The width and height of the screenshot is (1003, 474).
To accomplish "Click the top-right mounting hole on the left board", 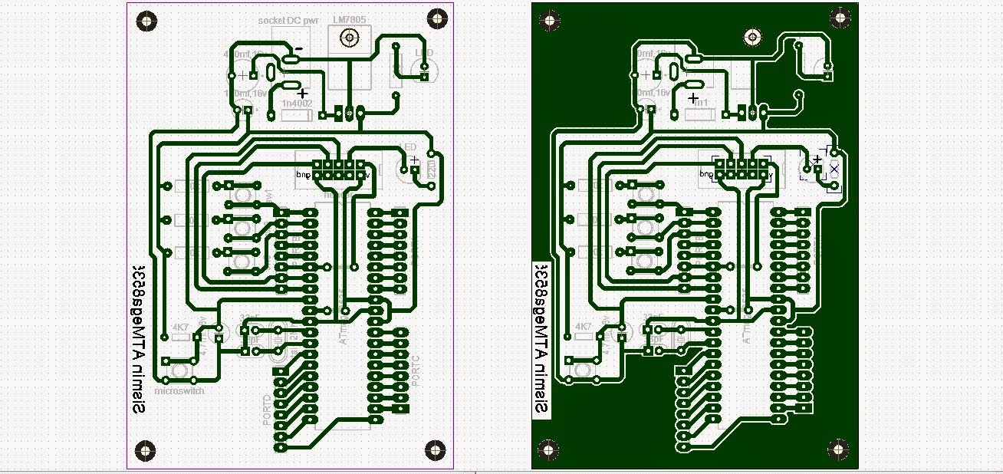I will point(436,17).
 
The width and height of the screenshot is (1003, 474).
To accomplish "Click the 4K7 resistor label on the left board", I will point(181,327).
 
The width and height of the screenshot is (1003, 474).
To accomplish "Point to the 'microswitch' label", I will point(178,390).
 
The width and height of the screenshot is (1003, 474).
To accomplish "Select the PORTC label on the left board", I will point(416,370).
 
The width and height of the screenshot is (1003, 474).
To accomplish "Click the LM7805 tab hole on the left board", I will point(350,37).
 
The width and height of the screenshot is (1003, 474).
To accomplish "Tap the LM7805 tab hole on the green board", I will point(754,37).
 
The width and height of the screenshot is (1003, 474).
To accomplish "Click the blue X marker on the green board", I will point(834,168).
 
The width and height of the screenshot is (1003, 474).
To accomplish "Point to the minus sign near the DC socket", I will point(299,48).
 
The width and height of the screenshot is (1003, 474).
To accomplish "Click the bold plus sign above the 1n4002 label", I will point(302,92).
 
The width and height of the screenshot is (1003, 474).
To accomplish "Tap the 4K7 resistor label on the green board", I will point(584,327).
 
